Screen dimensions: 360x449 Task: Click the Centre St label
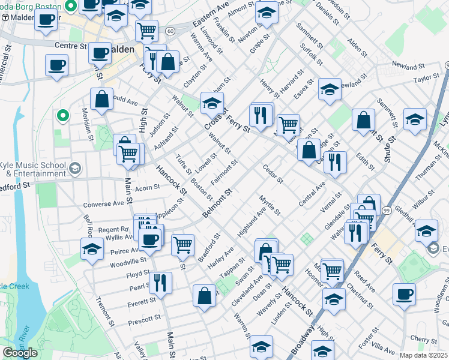point(70,46)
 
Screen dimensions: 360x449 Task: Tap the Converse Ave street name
point(103,204)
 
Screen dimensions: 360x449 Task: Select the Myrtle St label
point(270,205)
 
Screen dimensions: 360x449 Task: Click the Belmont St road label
point(217,205)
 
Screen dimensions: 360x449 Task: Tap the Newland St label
point(408,65)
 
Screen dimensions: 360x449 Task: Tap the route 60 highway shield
point(171,31)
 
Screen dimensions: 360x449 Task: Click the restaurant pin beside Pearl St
point(160,282)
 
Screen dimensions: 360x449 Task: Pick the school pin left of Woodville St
point(92,249)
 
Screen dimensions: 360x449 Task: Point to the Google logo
point(20,352)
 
